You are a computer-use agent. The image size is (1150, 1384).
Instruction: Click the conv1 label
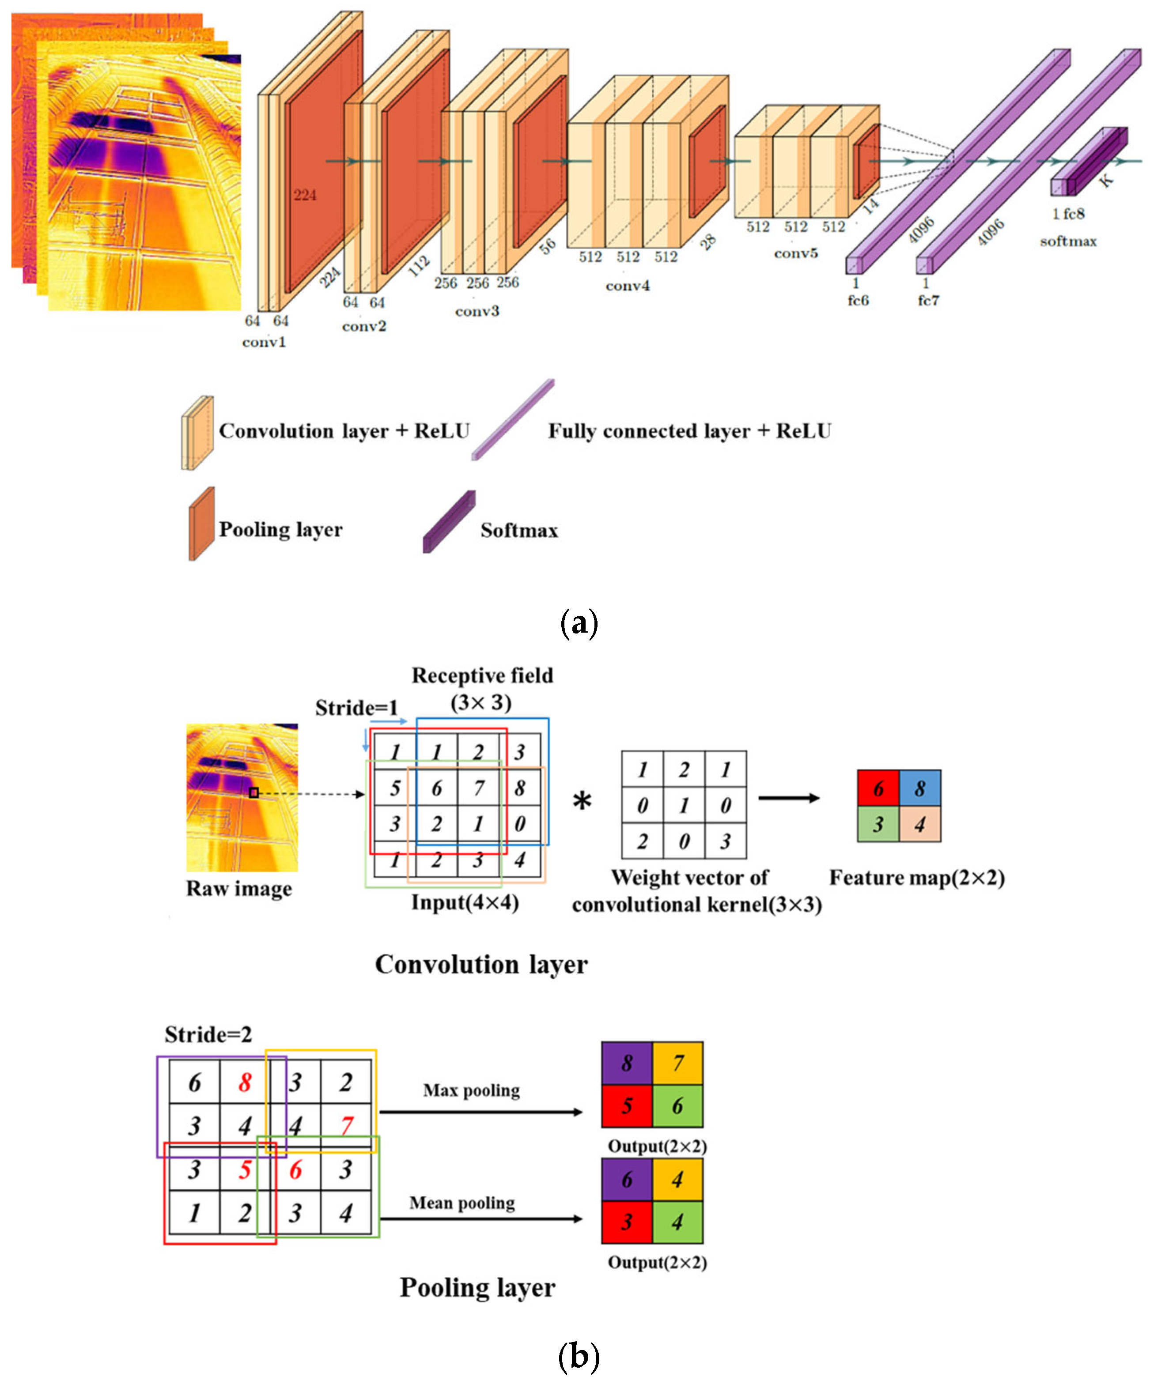point(264,342)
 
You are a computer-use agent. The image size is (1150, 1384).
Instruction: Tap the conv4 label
point(627,285)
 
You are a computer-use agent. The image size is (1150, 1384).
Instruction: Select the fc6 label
point(858,301)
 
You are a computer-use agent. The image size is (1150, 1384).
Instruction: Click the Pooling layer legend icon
point(202,524)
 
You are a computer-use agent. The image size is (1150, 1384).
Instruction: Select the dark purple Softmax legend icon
point(449,522)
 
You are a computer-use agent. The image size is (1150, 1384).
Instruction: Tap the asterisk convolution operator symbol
point(582,802)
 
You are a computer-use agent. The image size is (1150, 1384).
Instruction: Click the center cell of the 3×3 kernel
point(684,805)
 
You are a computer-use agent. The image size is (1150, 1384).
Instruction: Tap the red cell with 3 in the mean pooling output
point(626,1222)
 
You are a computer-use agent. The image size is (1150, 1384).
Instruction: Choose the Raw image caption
point(239,888)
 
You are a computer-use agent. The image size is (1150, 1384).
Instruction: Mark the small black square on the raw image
point(254,793)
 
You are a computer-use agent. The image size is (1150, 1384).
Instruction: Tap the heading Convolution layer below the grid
point(480,964)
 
